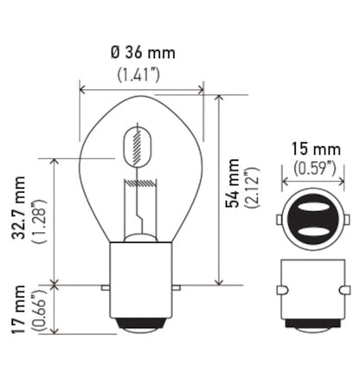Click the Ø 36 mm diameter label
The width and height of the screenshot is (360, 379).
[x=143, y=53]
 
